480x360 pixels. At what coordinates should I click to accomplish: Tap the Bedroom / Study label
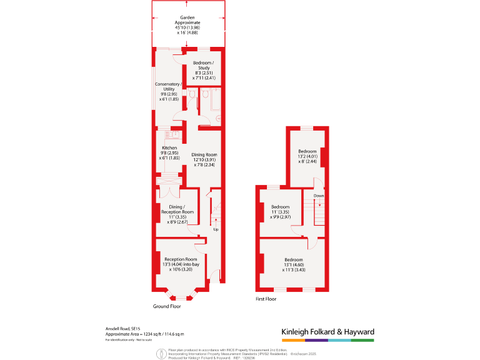[x=204, y=71]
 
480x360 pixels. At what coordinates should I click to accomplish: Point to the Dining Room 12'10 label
[x=204, y=160]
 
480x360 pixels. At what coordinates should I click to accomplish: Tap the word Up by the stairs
[x=216, y=229]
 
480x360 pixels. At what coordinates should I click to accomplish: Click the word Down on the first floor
[x=319, y=196]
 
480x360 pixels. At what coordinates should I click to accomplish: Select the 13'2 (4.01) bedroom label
[x=307, y=156]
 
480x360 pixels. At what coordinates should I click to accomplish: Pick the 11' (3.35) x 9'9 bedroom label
[x=280, y=211]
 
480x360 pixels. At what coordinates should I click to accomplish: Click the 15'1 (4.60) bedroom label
[x=293, y=264]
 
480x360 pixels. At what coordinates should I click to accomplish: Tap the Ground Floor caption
[x=167, y=306]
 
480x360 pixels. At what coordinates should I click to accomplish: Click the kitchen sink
[x=176, y=134]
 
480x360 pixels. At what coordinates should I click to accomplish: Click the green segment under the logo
[x=362, y=341]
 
